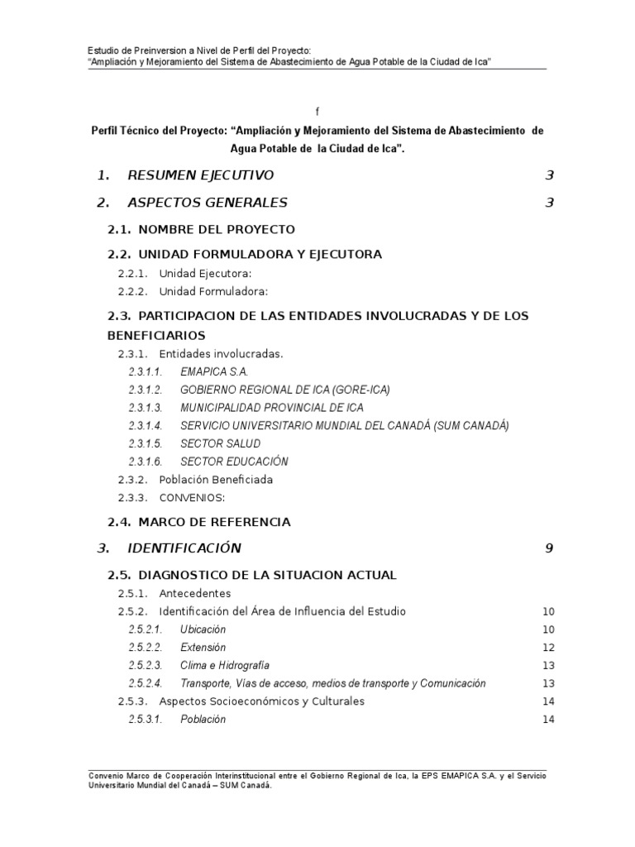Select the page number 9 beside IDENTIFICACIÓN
coord(549,548)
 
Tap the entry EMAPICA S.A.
coord(214,371)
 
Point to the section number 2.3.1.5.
coord(146,444)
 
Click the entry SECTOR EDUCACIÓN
coord(234,462)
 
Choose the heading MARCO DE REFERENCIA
coord(214,522)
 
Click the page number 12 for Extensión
coord(547,648)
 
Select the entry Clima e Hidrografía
coord(225,666)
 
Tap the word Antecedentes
coord(195,594)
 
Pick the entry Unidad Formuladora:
coord(213,291)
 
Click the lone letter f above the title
coord(317,111)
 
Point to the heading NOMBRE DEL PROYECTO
coord(217,229)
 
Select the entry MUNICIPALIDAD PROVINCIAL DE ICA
coord(271,408)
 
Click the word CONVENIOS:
coord(192,498)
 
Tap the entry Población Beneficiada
coord(216,480)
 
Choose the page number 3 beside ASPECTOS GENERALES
coord(549,203)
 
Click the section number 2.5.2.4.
coord(146,684)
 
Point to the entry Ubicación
coord(203,629)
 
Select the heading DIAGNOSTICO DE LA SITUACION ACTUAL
coord(267,575)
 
